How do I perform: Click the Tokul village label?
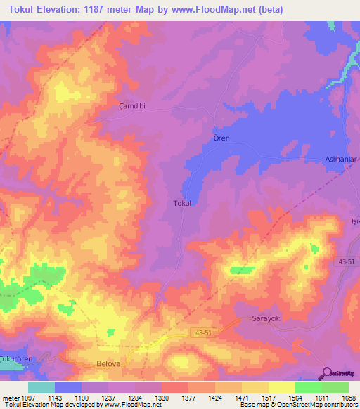pos(182,203)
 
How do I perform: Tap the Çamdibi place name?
pos(131,107)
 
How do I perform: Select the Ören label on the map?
pos(221,138)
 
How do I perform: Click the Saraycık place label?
pos(266,319)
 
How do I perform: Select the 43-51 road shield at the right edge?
pos(346,261)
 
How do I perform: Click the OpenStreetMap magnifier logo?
pos(327,372)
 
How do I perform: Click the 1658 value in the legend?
pos(349,397)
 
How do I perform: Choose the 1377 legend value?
pos(189,397)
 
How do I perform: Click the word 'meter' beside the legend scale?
pos(10,397)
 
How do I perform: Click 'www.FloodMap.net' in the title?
pos(218,9)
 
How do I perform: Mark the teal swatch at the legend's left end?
pos(41,387)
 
